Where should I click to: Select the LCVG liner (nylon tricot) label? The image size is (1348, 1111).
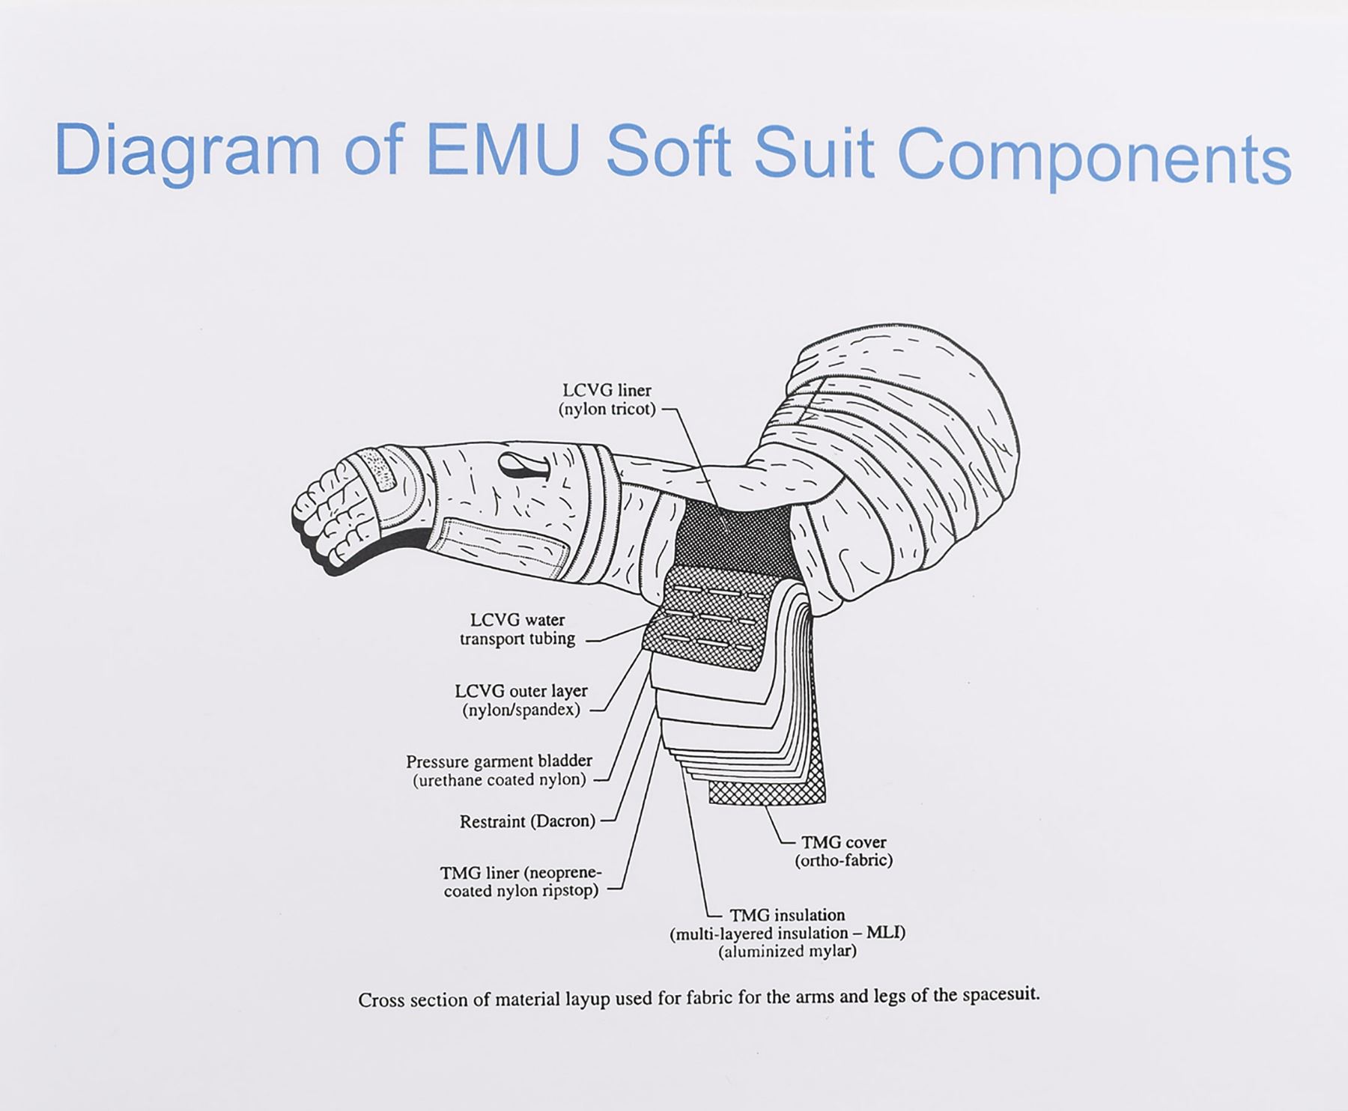point(607,400)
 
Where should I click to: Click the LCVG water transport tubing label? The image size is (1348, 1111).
point(517,630)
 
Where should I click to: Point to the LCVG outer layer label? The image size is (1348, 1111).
point(521,700)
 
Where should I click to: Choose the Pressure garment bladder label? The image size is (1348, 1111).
point(500,770)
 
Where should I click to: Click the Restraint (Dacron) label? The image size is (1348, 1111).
point(527,821)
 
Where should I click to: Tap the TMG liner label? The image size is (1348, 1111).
point(520,882)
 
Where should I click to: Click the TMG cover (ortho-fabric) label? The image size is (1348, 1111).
point(844,851)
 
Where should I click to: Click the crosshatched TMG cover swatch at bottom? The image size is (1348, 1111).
point(767,792)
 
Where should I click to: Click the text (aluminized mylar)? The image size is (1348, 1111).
point(787,952)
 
